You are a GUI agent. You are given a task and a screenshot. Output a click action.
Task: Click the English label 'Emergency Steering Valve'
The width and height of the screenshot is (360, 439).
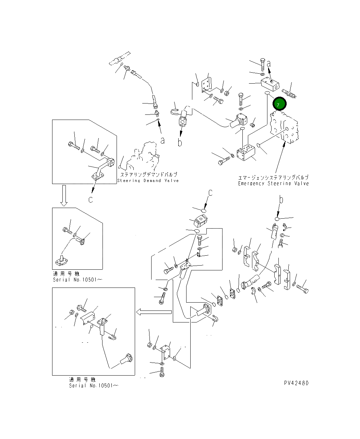click(x=273, y=184)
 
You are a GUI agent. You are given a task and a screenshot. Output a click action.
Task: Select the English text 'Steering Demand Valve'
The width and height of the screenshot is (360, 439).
click(x=148, y=181)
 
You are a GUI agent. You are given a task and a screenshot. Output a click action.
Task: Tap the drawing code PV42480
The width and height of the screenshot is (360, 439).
click(x=296, y=383)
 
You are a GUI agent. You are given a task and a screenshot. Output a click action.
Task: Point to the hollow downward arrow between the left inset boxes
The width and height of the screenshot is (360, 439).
click(x=64, y=195)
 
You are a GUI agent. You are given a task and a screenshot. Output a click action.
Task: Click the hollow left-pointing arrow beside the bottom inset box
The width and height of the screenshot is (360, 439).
click(x=153, y=312)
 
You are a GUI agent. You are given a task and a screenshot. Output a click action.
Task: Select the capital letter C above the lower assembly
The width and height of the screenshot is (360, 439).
click(x=211, y=193)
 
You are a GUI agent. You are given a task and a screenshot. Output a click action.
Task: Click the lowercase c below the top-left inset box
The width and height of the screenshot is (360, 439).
click(x=91, y=200)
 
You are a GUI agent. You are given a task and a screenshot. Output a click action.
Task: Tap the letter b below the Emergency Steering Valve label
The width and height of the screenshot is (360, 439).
click(x=281, y=199)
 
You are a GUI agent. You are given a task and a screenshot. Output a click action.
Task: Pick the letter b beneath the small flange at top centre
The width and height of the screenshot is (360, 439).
click(x=180, y=142)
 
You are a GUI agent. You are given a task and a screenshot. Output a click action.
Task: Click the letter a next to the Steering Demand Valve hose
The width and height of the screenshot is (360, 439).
click(x=163, y=141)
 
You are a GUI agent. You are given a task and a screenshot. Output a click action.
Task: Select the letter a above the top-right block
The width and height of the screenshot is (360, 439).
click(x=269, y=63)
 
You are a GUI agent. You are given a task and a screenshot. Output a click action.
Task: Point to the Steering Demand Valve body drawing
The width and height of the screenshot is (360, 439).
click(x=144, y=158)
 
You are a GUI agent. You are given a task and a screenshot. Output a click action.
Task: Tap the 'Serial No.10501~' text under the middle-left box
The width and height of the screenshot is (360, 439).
click(x=77, y=280)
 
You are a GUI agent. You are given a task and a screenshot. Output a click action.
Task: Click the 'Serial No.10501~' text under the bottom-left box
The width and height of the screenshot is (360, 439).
click(x=94, y=386)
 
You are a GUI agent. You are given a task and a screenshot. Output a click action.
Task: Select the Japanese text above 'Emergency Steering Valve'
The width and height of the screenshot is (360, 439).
click(x=273, y=178)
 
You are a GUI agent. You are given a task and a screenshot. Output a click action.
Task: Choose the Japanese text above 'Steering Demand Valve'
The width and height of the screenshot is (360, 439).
click(x=148, y=174)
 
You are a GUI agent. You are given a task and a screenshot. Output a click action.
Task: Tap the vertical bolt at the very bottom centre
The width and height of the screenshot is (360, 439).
click(x=162, y=372)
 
